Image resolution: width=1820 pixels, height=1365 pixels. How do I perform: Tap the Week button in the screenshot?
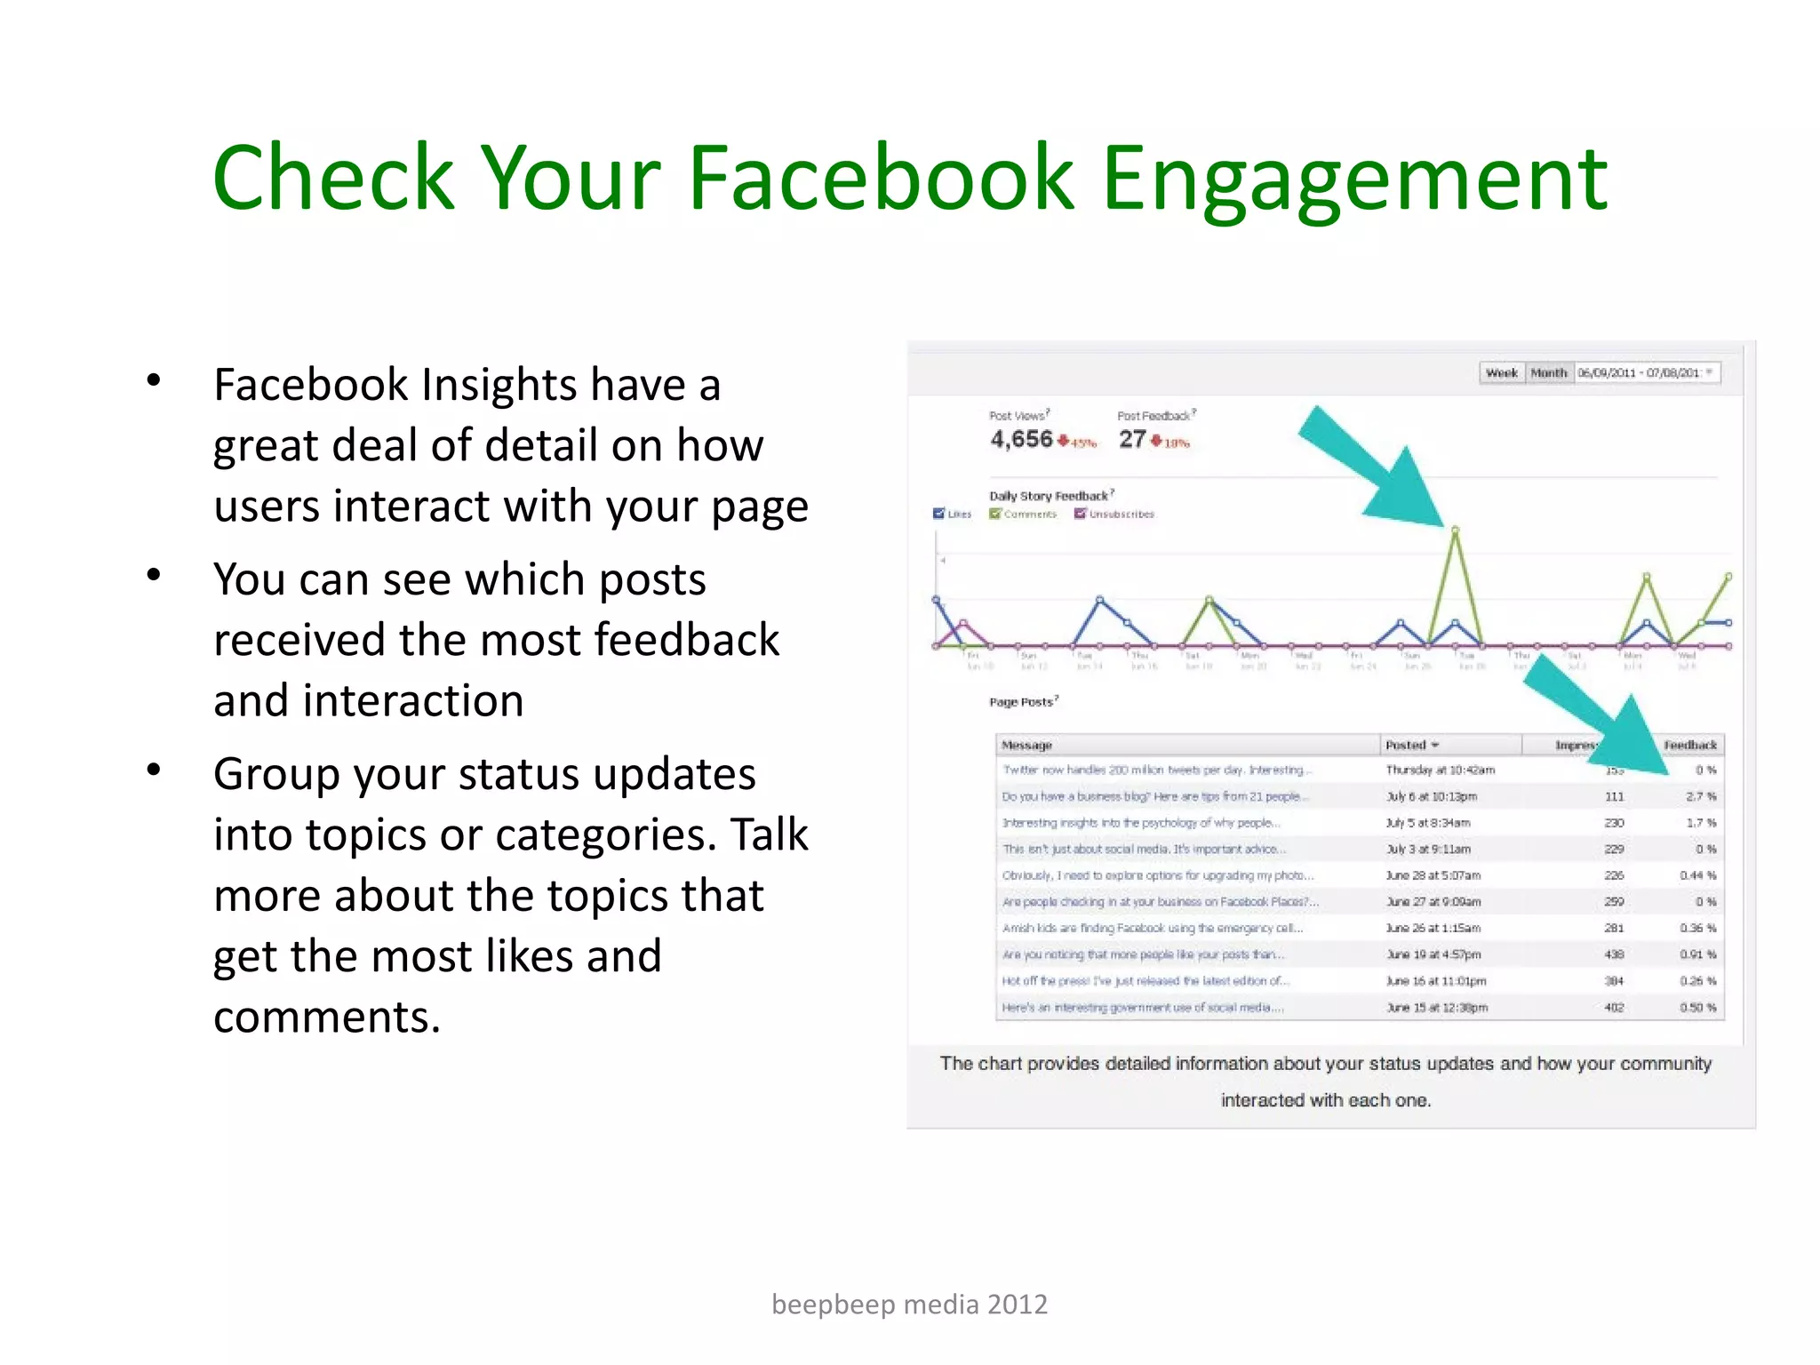(1502, 373)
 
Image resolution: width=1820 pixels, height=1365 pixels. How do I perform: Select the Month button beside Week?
(1549, 373)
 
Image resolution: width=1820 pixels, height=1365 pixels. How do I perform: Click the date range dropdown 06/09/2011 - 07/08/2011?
(1646, 373)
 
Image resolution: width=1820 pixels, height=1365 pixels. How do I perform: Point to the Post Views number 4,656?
(1021, 439)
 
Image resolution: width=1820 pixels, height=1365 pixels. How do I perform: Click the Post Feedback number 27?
(1131, 439)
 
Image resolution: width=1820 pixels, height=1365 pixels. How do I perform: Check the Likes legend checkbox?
(938, 514)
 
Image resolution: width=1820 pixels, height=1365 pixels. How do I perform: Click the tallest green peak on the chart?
(1455, 530)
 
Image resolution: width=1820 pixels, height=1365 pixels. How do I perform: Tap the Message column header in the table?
(1026, 745)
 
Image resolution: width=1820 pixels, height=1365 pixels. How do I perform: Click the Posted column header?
(1406, 745)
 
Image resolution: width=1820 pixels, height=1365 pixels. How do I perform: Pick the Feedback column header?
(1689, 745)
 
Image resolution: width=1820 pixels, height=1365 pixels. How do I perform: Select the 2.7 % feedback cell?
(1700, 796)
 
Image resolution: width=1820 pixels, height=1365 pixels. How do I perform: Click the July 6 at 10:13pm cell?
(1432, 796)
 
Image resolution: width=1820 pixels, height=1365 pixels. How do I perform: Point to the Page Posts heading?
(1022, 702)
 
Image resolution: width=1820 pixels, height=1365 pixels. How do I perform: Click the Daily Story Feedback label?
(1049, 496)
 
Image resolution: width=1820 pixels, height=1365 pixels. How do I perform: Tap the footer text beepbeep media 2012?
(909, 1305)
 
